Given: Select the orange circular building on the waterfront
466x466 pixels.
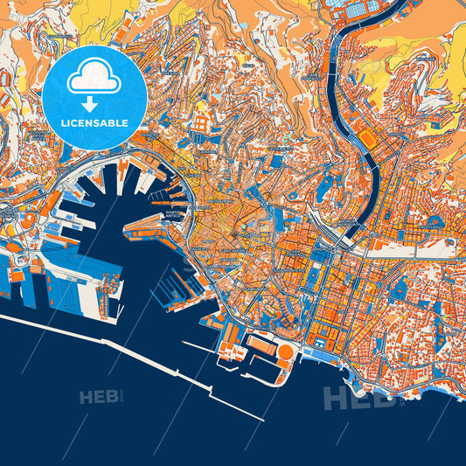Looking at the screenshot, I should pyautogui.click(x=285, y=353).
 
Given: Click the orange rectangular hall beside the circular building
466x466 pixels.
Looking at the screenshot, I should pyautogui.click(x=260, y=343).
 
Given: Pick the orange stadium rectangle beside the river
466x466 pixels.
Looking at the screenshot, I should pyautogui.click(x=366, y=140).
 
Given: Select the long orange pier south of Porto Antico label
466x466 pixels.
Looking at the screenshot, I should pyautogui.click(x=149, y=230).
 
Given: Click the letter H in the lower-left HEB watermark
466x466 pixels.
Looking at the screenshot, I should pyautogui.click(x=86, y=398).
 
